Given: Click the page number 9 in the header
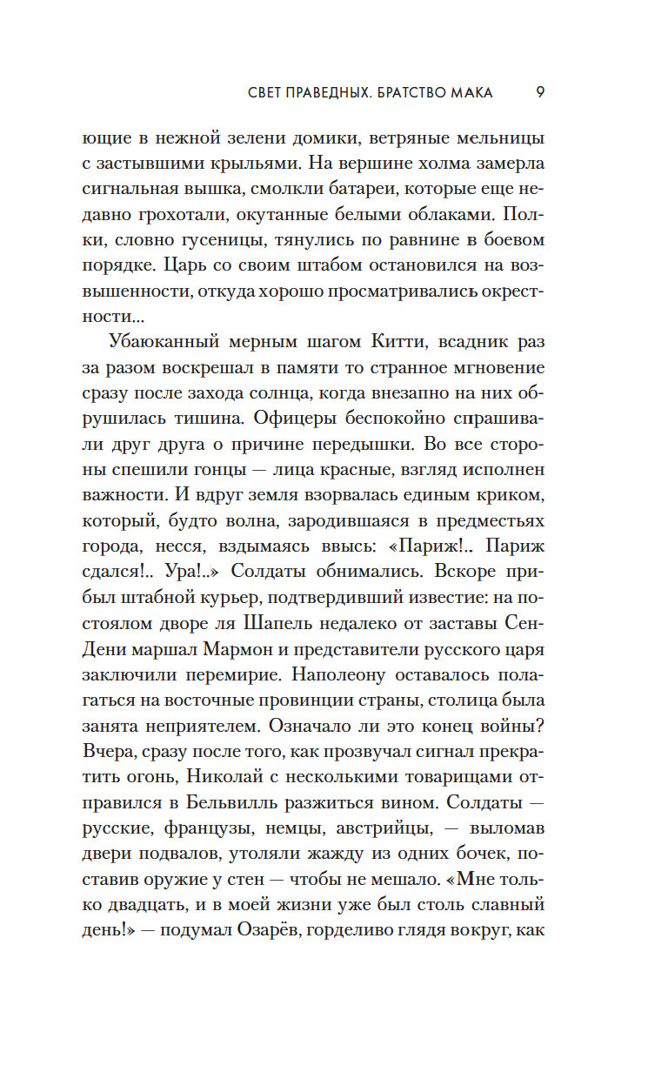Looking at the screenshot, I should coord(540,92).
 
